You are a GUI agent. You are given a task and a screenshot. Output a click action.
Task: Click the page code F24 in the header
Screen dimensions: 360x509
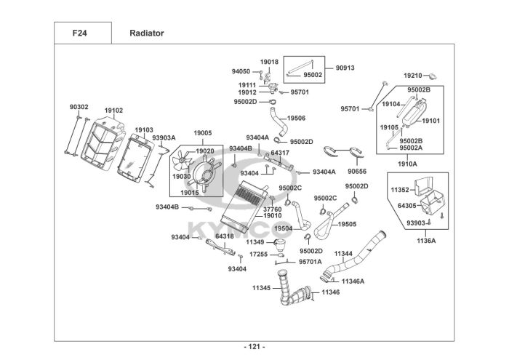tap(81, 33)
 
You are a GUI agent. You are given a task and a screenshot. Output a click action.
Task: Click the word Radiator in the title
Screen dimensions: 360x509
tap(146, 33)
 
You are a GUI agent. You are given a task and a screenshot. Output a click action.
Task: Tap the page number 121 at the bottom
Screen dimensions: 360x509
tap(254, 346)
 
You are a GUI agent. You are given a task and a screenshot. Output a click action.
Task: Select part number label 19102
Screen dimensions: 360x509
tap(113, 111)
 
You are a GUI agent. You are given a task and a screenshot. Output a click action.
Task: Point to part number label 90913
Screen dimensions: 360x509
tap(345, 68)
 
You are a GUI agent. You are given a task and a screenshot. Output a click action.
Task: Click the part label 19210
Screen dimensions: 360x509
tap(413, 75)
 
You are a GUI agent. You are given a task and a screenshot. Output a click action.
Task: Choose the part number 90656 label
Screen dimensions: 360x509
tap(357, 172)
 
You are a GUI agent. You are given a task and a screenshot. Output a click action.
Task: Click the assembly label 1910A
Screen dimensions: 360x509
tap(407, 164)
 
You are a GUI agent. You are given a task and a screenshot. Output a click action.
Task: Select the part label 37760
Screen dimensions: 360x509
tap(272, 209)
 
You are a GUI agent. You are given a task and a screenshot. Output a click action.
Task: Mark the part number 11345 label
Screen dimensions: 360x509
tap(261, 288)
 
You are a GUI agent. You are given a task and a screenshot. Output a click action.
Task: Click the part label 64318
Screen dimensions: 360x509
tap(224, 236)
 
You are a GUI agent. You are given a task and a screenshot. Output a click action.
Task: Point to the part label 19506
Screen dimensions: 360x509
tap(296, 118)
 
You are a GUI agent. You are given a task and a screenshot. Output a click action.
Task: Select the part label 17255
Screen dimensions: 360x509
tap(259, 255)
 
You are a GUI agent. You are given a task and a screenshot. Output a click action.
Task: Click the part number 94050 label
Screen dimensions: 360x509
tap(241, 72)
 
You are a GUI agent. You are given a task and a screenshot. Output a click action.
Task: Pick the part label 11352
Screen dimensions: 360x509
tap(401, 190)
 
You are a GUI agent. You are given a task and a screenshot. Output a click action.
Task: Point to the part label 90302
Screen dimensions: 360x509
tap(79, 107)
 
